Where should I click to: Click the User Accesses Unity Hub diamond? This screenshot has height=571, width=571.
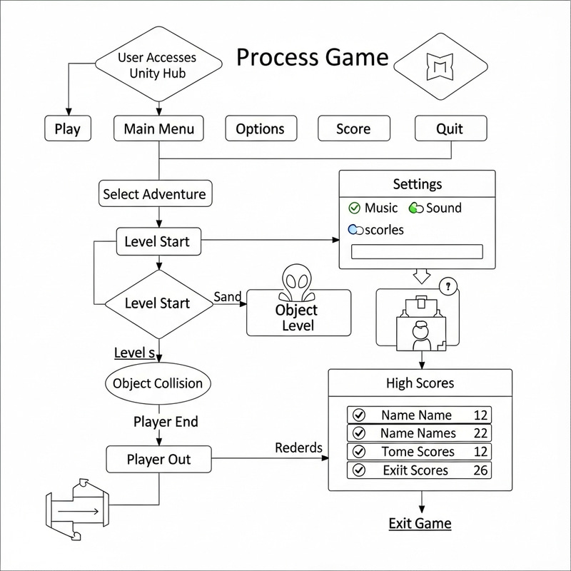point(157,65)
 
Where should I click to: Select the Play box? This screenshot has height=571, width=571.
point(67,129)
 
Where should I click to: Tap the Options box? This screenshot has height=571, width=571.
point(260,128)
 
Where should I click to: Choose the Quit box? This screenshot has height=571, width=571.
point(450,128)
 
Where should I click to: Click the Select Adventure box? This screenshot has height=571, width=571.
point(154,194)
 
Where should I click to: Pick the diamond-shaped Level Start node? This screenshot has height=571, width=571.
point(158,303)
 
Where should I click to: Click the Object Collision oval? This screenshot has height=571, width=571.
point(158,383)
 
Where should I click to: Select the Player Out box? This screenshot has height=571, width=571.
point(159,459)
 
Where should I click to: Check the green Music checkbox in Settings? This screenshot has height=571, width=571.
point(354,208)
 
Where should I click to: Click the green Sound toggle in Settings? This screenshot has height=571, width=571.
point(415,208)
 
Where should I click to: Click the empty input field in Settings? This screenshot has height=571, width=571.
point(418,252)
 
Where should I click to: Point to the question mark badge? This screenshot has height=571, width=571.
point(449,287)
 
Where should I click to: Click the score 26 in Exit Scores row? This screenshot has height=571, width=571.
point(480,470)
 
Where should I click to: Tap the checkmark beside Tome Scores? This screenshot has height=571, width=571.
point(359,452)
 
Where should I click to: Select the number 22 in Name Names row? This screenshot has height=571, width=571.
point(480,433)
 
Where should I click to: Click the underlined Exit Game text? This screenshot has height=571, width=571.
point(420,523)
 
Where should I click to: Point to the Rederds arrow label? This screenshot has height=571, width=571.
point(298,448)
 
